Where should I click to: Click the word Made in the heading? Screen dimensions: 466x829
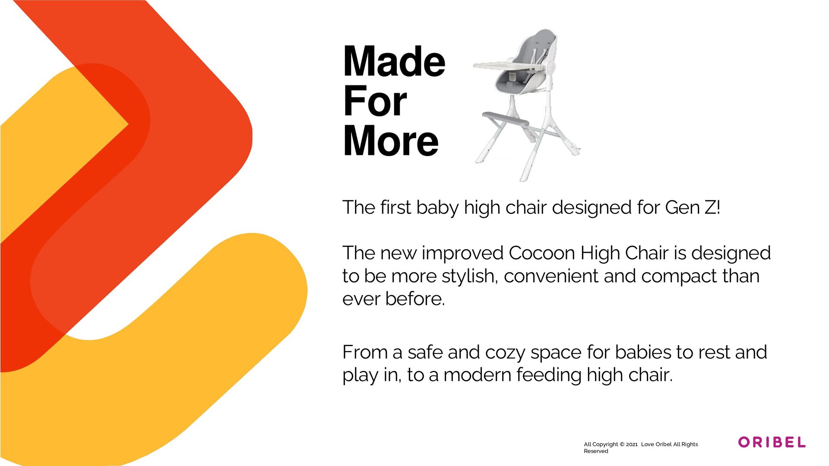pyautogui.click(x=394, y=62)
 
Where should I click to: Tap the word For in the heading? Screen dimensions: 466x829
pyautogui.click(x=375, y=101)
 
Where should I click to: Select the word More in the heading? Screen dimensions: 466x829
pyautogui.click(x=390, y=141)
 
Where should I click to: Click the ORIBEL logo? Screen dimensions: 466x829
pyautogui.click(x=772, y=442)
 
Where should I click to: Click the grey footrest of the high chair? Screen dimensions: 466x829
pyautogui.click(x=505, y=118)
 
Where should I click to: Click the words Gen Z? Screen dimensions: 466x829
pyautogui.click(x=693, y=208)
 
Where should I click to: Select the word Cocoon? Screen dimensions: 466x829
pyautogui.click(x=542, y=253)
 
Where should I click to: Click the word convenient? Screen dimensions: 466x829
pyautogui.click(x=551, y=276)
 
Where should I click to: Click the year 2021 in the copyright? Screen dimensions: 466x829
pyautogui.click(x=632, y=444)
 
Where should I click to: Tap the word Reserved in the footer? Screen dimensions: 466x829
pyautogui.click(x=596, y=451)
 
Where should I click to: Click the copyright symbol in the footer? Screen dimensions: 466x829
pyautogui.click(x=622, y=444)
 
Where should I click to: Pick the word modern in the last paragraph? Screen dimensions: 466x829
pyautogui.click(x=477, y=375)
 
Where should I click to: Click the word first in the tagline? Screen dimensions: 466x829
pyautogui.click(x=396, y=208)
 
